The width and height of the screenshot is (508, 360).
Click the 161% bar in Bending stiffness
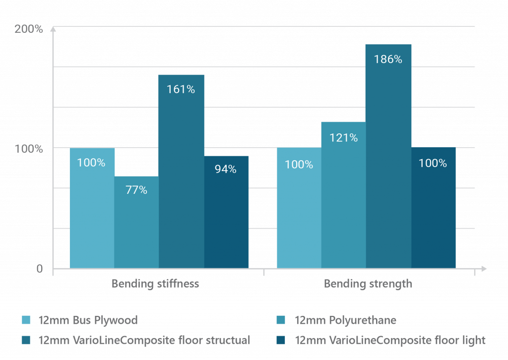181,171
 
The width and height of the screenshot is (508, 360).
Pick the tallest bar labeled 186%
388,156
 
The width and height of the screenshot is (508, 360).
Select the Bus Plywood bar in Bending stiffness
92,208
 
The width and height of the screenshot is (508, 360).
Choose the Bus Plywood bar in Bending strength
299,208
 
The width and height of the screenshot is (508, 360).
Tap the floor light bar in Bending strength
434,208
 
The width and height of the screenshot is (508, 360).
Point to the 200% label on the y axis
29,29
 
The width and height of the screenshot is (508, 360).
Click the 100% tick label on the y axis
29,149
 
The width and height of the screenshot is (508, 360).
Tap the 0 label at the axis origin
39,269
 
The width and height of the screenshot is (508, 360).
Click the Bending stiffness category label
155,284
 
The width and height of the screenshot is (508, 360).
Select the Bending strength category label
368,284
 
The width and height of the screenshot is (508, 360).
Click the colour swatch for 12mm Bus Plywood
26,320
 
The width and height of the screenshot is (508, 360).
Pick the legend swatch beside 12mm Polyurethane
282,320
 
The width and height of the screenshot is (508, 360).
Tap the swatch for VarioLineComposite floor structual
26,340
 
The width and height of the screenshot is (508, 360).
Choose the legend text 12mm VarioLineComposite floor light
390,340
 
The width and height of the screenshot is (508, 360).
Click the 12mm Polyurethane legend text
345,320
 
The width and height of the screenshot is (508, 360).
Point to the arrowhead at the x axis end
484,269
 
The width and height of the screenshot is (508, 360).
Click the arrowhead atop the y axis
54,28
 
